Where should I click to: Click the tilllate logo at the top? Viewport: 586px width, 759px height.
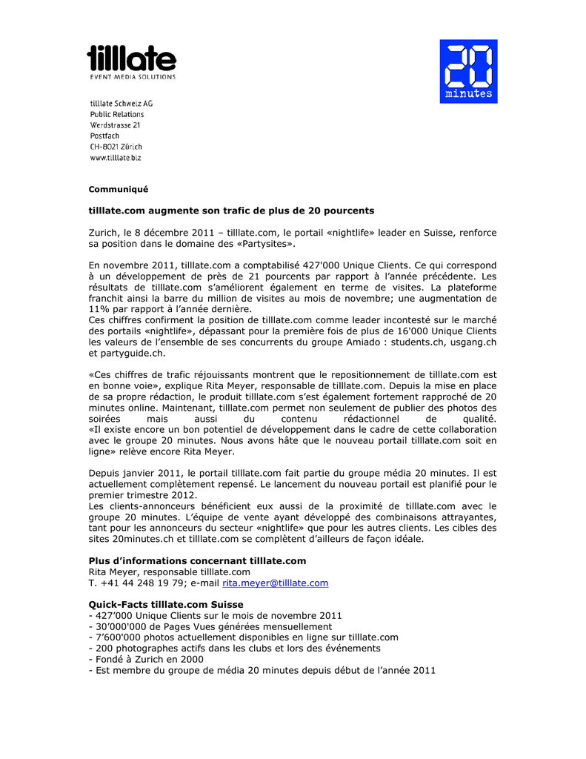click(x=132, y=61)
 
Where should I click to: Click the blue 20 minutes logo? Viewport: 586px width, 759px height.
click(x=468, y=71)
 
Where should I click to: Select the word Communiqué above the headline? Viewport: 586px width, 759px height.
click(x=119, y=189)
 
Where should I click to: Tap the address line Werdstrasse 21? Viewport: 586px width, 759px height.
click(x=115, y=125)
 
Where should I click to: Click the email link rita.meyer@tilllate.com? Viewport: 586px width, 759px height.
click(x=275, y=583)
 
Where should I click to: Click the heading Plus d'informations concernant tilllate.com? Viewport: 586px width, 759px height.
click(x=197, y=561)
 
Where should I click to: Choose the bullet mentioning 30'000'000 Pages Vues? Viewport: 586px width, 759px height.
click(x=210, y=626)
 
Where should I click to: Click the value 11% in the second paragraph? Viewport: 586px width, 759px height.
click(x=100, y=308)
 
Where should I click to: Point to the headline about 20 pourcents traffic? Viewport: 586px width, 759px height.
click(x=231, y=211)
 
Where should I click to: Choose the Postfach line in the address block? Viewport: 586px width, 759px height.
click(x=104, y=136)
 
